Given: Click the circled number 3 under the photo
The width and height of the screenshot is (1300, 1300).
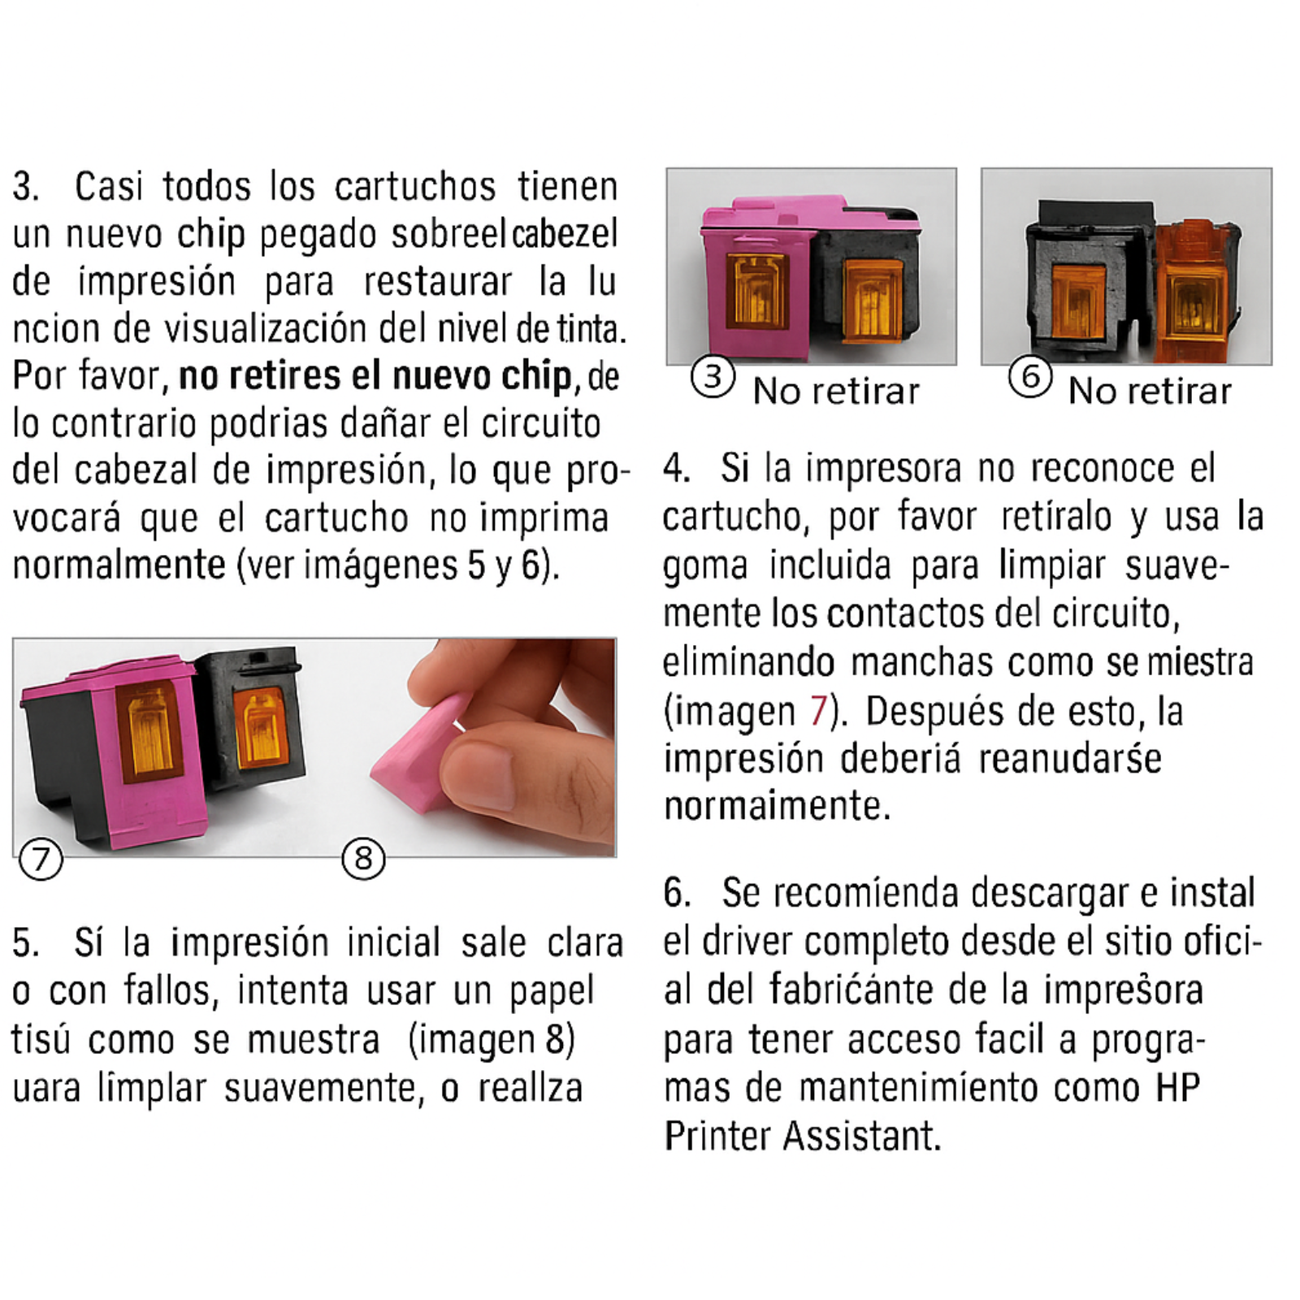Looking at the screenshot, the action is pos(713,376).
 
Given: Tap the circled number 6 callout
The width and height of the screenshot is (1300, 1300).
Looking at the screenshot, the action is pos(1030,376).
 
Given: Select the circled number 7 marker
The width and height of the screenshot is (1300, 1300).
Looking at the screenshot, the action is pos(41,859).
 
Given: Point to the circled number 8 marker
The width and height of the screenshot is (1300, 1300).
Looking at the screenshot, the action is pos(363,859).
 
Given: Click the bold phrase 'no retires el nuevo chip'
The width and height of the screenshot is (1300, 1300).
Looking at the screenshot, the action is pos(375,376).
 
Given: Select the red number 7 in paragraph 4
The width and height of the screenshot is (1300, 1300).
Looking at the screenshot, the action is pos(817,710).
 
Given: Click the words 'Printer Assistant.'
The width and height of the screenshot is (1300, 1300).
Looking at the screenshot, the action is pos(803,1135).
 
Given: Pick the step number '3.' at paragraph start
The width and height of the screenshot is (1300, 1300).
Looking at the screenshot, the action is pos(26,186).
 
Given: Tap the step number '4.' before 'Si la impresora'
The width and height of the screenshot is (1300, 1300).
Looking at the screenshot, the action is pos(677,468).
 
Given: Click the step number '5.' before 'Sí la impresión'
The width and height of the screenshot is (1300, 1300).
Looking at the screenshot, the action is pos(26,943).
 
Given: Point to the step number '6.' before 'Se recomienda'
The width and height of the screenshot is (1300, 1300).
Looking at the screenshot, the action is pos(678,893).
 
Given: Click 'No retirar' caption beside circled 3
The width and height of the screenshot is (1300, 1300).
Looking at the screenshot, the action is pos(836,392).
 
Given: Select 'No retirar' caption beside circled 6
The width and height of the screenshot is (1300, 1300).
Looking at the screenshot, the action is pos(1150,392).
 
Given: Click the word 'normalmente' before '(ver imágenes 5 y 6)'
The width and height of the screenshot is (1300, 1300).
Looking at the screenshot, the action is pos(119,565).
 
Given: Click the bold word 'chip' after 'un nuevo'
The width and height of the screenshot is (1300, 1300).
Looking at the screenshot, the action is pos(211,234).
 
